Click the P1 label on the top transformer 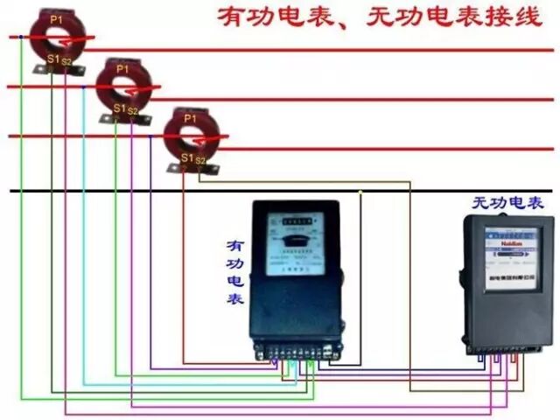pyautogui.click(x=57, y=18)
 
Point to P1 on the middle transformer pyautogui.click(x=122, y=67)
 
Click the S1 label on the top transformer pyautogui.click(x=52, y=59)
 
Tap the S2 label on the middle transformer pyautogui.click(x=133, y=110)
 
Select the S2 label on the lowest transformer pyautogui.click(x=200, y=160)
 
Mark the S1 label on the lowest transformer pyautogui.click(x=185, y=157)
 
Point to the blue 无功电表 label pyautogui.click(x=508, y=203)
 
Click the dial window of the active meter pyautogui.click(x=293, y=236)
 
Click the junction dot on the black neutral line pyautogui.click(x=360, y=191)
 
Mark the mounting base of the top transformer pyautogui.click(x=52, y=66)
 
